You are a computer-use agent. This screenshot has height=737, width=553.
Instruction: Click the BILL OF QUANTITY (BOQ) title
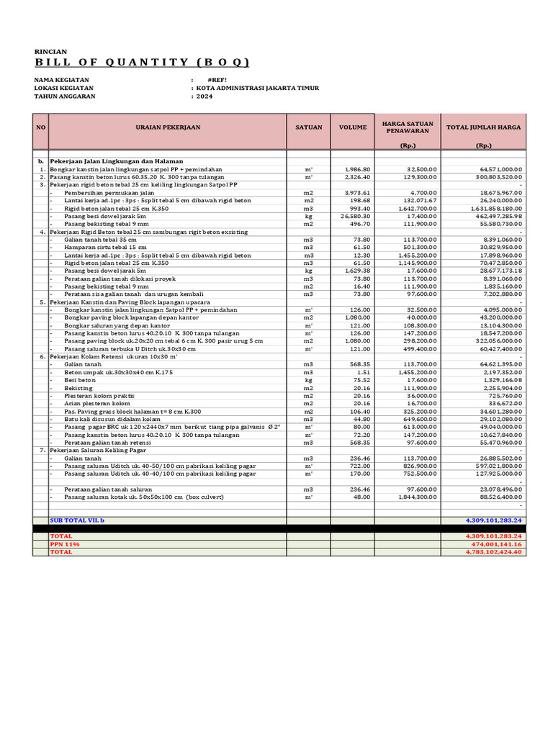pos(143,63)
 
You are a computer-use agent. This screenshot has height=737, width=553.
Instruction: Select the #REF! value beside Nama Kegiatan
pos(217,79)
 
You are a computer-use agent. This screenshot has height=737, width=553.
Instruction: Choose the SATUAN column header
pos(308,127)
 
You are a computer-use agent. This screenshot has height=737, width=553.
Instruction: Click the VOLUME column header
pos(353,127)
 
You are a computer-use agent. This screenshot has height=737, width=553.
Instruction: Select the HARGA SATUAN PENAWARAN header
pos(408,127)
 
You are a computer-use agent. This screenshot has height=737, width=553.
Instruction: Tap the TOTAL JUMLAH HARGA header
pos(484,127)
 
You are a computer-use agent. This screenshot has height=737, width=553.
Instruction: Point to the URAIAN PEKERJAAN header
pos(167,127)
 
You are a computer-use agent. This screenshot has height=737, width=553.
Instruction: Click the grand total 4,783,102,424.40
pos(494,552)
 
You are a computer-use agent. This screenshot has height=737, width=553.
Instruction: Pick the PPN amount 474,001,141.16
pos(495,545)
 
